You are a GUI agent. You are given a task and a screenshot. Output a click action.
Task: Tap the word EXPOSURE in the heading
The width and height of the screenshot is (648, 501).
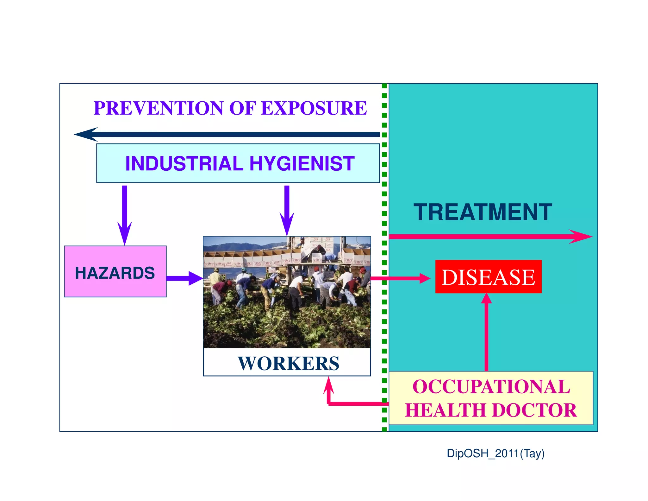point(314,108)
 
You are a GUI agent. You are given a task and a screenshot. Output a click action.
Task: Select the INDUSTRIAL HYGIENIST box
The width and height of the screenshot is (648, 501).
point(238,163)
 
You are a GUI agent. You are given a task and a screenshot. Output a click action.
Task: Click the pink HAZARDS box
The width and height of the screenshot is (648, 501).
point(115,272)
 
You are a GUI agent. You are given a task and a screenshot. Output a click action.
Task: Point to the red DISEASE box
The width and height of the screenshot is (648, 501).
point(488,277)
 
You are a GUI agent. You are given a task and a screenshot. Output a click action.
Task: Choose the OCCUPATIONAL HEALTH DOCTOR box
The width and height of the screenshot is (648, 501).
point(491,398)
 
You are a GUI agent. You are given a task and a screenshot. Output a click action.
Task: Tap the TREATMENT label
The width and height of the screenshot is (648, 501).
point(483,212)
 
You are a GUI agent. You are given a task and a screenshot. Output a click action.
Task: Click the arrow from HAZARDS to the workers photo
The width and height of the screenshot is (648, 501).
point(184,278)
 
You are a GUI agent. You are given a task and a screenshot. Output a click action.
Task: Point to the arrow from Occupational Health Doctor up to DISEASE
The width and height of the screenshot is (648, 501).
point(486,333)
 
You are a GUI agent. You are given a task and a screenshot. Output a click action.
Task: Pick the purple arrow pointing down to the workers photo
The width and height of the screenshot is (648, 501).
point(287,209)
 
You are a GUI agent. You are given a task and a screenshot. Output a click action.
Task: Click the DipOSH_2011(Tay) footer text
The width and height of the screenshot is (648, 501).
point(495,453)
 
